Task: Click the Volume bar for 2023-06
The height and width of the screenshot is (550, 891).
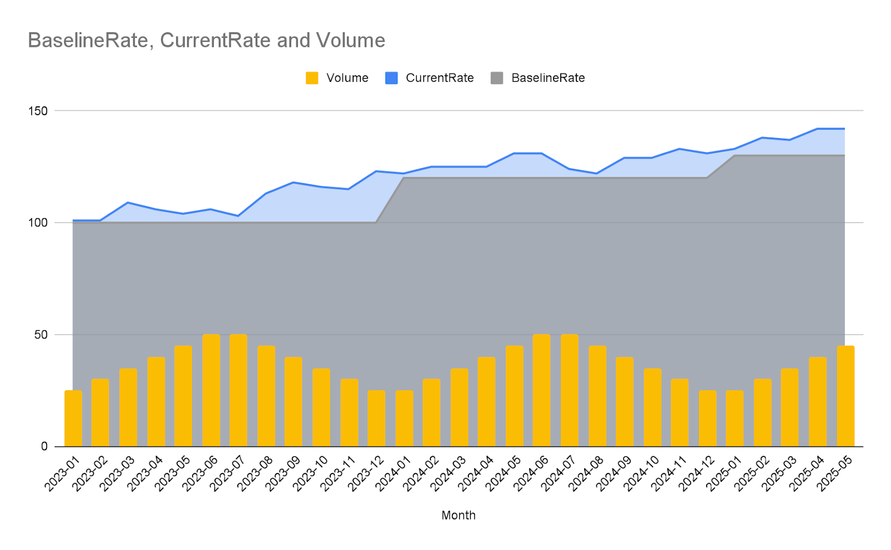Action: coord(211,390)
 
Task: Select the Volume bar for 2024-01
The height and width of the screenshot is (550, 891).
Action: coord(404,418)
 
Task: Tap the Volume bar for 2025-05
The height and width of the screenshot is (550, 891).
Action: coord(845,396)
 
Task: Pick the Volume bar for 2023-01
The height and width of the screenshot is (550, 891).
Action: coord(73,418)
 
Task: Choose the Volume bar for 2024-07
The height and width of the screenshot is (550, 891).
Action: coord(570,390)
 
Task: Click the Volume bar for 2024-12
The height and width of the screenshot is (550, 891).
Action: coord(707,418)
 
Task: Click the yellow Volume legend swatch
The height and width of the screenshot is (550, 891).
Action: coord(312,78)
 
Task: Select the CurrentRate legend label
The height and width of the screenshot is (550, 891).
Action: coord(439,78)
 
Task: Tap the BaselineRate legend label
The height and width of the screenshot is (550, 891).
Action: coord(548,78)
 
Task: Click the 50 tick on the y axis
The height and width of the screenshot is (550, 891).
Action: coord(41,335)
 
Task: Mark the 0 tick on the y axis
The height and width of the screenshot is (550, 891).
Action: coord(44,446)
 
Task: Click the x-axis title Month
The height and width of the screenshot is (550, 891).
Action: coord(458,515)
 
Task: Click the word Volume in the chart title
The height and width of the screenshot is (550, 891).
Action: coord(350,41)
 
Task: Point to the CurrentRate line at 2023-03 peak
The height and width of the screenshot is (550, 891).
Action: coord(128,203)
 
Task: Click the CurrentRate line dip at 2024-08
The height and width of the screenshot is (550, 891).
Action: coord(597,174)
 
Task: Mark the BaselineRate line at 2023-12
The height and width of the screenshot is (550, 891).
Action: coord(376,223)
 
